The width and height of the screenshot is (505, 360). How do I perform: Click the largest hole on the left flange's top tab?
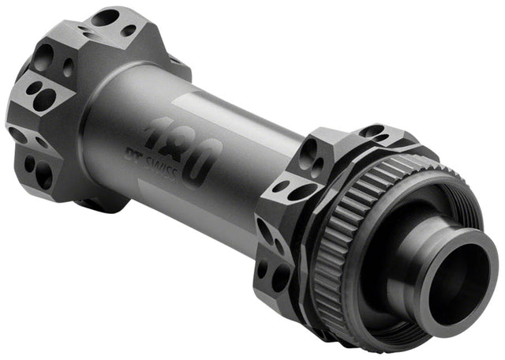pyautogui.click(x=104, y=17)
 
